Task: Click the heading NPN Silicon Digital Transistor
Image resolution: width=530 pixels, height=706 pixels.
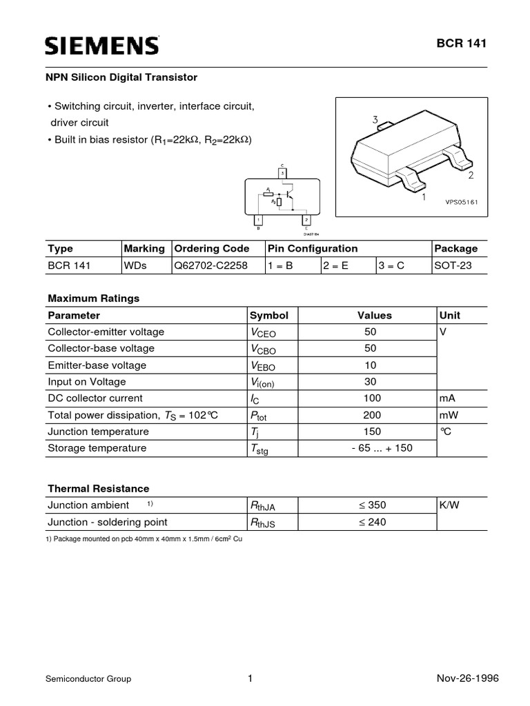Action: click(x=122, y=77)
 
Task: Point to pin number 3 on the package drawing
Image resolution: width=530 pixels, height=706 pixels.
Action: click(x=375, y=119)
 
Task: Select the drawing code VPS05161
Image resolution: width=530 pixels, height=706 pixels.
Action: click(x=462, y=201)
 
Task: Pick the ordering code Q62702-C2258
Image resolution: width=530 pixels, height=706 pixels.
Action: click(x=210, y=265)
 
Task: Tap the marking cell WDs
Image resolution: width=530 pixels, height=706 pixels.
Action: click(x=135, y=265)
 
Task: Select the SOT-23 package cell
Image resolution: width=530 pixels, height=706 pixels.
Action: click(x=453, y=265)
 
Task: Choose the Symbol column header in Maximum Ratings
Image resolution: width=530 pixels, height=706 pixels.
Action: click(x=269, y=315)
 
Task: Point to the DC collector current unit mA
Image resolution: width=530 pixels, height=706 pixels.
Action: click(x=446, y=398)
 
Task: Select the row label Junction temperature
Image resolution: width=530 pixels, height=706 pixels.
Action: click(x=98, y=431)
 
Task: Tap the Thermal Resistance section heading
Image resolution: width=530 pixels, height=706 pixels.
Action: click(x=98, y=488)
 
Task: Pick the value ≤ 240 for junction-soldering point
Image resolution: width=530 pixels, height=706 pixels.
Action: click(x=372, y=522)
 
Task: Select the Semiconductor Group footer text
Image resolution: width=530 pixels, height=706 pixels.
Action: click(x=88, y=678)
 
